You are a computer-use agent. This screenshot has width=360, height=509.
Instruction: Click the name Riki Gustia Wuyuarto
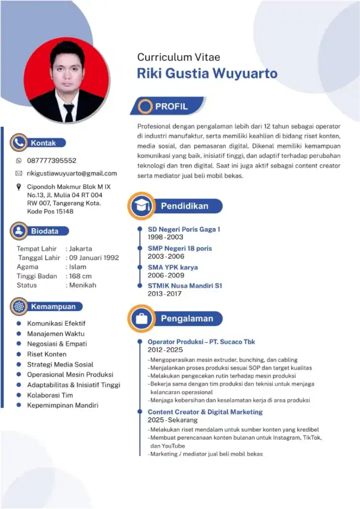(x=207, y=73)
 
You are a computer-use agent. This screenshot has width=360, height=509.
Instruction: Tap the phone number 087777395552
(x=51, y=160)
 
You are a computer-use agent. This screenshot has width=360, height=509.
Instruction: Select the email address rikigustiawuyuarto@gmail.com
(x=72, y=174)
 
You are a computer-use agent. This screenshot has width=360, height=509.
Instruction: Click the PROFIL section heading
(x=171, y=106)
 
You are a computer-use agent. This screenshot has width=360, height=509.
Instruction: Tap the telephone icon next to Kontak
(x=19, y=143)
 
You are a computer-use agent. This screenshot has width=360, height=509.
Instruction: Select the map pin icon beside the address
(x=19, y=188)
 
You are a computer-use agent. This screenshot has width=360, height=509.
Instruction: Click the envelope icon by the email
(x=19, y=174)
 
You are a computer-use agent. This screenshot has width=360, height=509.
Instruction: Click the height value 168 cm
(x=80, y=276)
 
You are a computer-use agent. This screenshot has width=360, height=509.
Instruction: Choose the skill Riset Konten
(x=47, y=354)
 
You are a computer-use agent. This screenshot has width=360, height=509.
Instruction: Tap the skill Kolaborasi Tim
(x=50, y=395)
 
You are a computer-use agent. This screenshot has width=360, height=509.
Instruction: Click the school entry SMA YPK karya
(x=173, y=267)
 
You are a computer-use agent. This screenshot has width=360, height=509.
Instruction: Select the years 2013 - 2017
(x=164, y=294)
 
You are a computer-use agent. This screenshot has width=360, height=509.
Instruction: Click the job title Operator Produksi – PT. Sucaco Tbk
(x=201, y=342)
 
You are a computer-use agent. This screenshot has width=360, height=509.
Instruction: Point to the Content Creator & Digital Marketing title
(x=205, y=412)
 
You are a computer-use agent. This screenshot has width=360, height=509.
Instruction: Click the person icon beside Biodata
(x=19, y=231)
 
